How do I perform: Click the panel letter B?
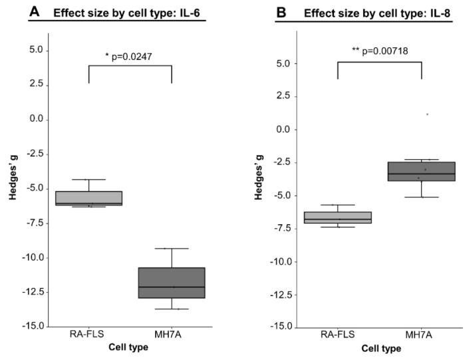point(283,11)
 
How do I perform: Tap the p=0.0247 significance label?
point(131,56)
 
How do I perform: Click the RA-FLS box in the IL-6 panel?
point(88,198)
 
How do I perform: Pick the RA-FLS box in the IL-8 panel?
point(338,218)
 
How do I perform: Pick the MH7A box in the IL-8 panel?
point(422,172)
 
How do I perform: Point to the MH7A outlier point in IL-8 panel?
point(427,114)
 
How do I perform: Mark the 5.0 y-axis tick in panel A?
point(35,50)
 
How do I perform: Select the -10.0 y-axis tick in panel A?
point(33,258)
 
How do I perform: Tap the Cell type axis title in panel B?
point(381,349)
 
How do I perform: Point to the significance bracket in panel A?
point(130,66)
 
